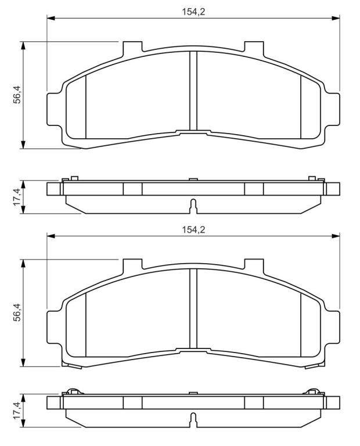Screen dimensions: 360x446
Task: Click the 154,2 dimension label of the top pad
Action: point(193,12)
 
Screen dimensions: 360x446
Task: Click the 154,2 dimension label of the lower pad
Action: point(193,229)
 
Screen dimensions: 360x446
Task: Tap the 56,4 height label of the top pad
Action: point(17,95)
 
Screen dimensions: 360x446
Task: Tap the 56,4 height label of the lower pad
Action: point(17,312)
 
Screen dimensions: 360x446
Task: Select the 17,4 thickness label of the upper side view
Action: point(17,197)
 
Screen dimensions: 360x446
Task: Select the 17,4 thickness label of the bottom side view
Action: point(17,410)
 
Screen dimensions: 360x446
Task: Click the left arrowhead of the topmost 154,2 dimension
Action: point(51,18)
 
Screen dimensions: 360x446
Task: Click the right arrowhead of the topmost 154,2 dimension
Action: point(336,18)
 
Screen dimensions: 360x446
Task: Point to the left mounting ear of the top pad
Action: point(54,109)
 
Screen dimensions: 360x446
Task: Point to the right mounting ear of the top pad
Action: point(332,109)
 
